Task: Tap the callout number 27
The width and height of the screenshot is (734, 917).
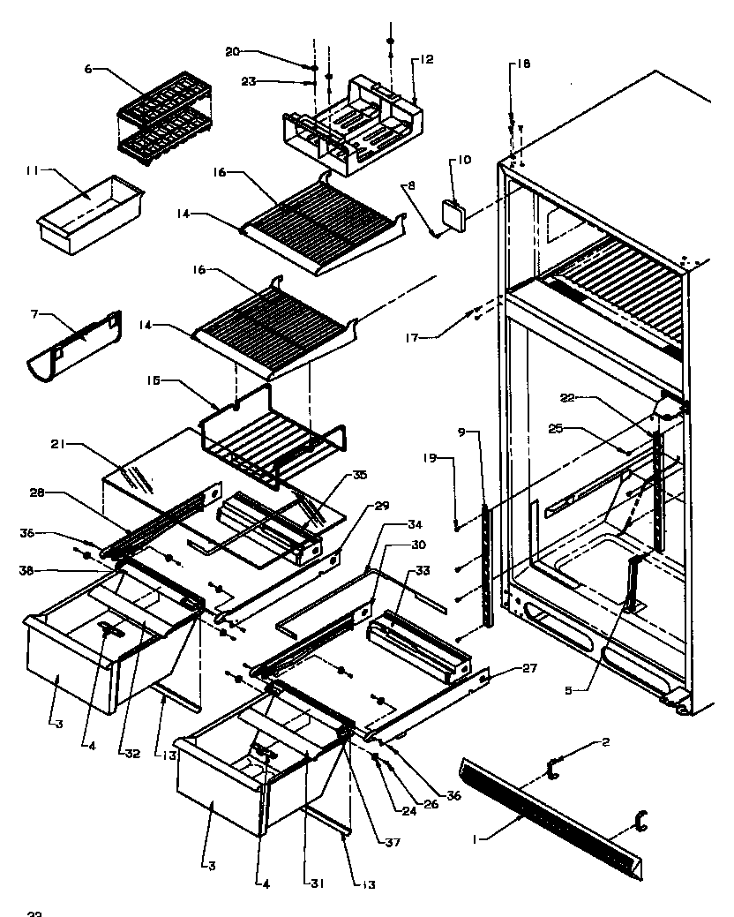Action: pos(528,668)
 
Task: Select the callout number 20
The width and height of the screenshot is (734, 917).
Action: pos(232,51)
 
